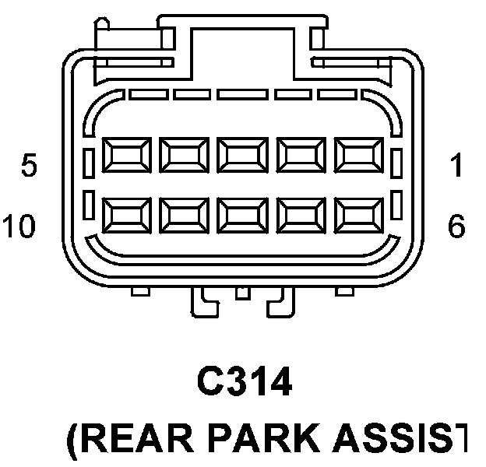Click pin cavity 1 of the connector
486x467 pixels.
pos(357,155)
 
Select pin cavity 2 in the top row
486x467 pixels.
pos(299,155)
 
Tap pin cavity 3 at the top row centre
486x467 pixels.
pos(241,155)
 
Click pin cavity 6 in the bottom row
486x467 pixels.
pos(357,214)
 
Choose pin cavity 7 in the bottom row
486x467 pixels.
pos(299,214)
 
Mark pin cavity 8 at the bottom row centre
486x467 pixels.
pos(241,214)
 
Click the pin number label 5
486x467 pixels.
pos(29,166)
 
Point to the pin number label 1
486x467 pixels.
pos(456,166)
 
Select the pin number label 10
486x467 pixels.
pos(19,226)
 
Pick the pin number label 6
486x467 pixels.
pos(456,226)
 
